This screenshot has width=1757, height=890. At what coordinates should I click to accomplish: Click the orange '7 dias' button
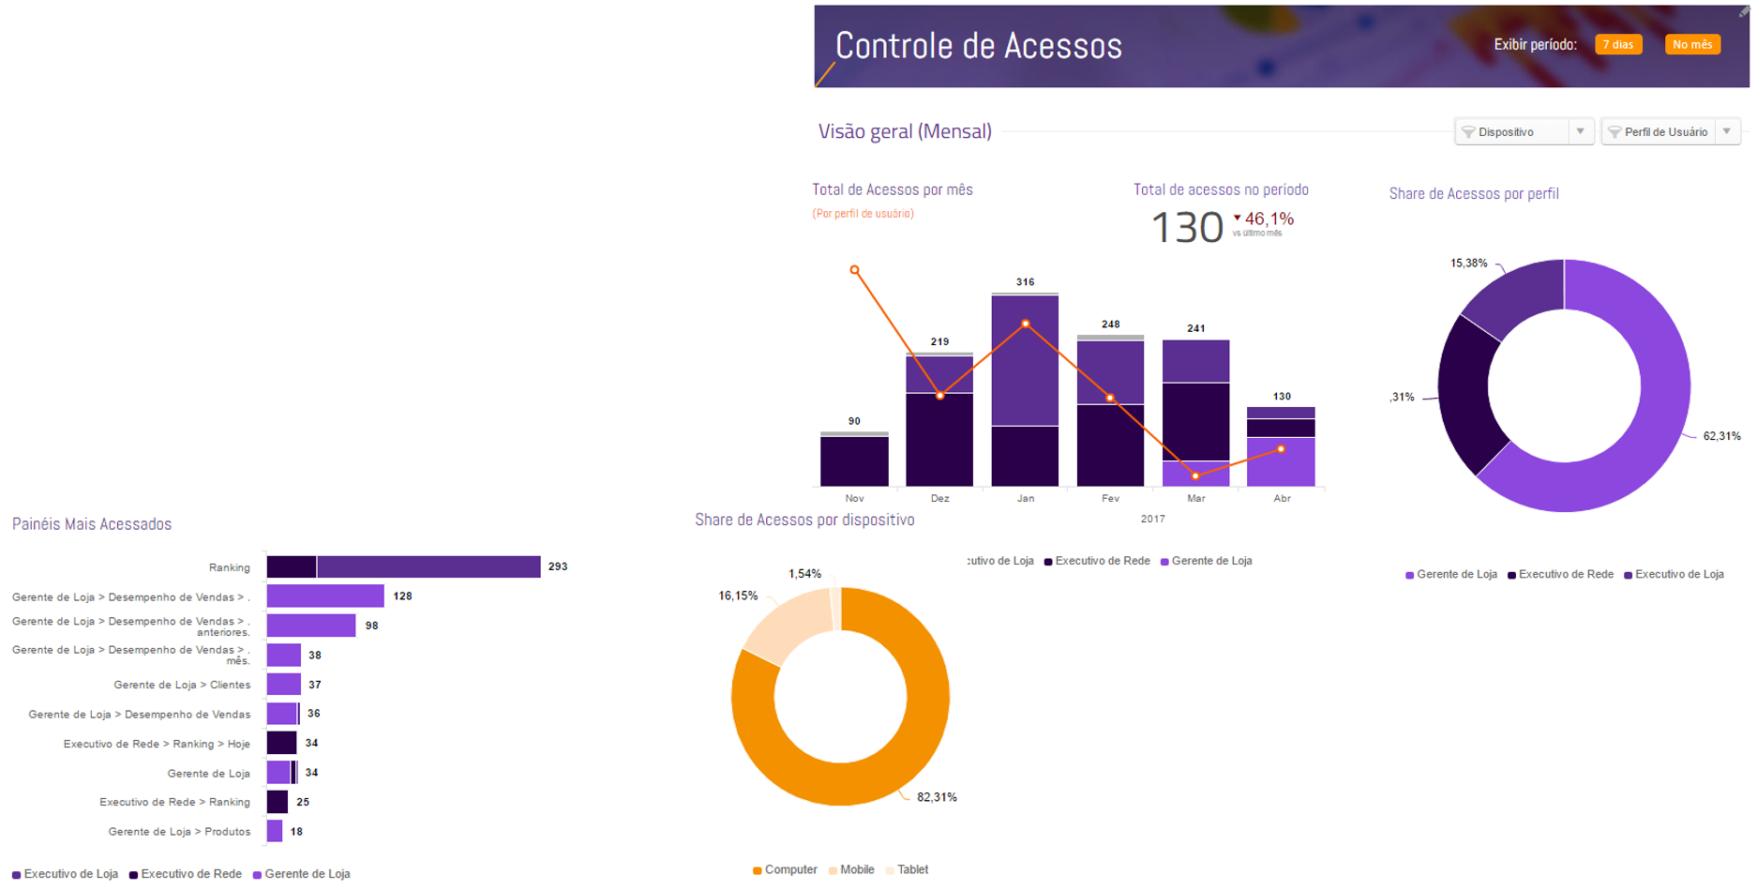click(x=1617, y=45)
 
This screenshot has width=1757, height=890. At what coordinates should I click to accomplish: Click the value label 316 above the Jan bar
click(x=1025, y=281)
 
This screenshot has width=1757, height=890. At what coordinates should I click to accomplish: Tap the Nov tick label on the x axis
click(x=854, y=498)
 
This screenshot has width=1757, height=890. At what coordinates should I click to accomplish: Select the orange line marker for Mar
click(x=1195, y=475)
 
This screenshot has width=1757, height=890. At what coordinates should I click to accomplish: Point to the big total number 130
click(x=1186, y=228)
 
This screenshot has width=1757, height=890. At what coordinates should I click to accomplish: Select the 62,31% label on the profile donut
click(x=1721, y=436)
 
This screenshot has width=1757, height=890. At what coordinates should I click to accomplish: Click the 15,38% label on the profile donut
click(x=1468, y=264)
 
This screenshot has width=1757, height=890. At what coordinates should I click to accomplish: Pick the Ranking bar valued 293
click(x=403, y=566)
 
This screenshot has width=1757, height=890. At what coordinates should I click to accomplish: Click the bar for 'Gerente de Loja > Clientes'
click(x=283, y=685)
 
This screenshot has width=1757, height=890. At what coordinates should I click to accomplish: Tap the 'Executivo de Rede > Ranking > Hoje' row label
click(x=157, y=744)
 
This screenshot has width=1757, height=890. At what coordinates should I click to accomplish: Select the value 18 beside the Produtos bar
click(x=296, y=831)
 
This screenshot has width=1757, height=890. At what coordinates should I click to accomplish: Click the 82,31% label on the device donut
click(x=937, y=797)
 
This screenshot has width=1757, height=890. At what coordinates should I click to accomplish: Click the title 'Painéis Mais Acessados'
click(x=92, y=524)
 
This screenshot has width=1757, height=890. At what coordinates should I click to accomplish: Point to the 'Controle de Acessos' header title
click(x=978, y=46)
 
